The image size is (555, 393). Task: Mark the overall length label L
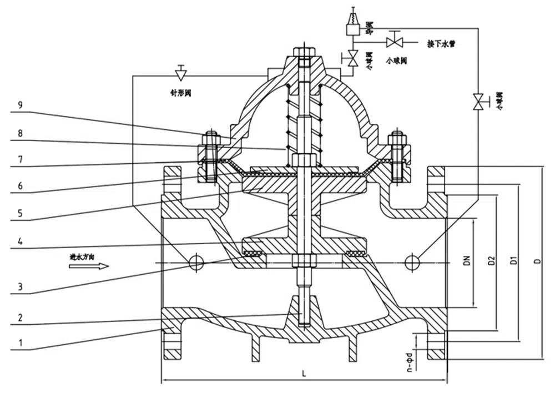[x=304, y=374]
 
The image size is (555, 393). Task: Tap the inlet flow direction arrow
[x=89, y=266]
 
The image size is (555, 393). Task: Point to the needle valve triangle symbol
[x=180, y=72]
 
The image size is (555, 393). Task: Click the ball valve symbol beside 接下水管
[x=395, y=42]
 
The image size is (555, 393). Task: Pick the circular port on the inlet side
[x=196, y=263]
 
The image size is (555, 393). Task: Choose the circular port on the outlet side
[x=411, y=263]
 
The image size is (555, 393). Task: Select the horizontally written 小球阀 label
[x=395, y=60]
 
